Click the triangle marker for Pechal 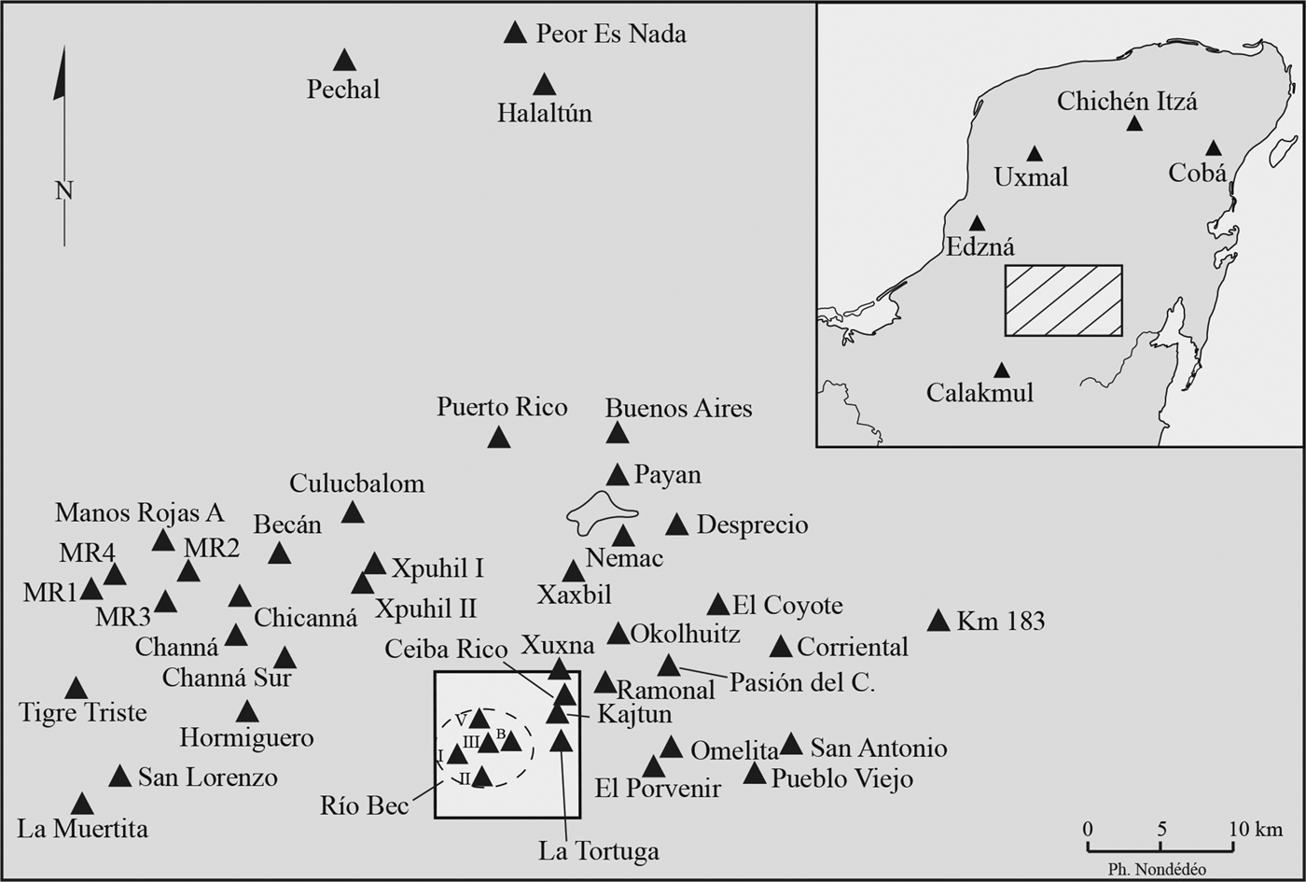pyautogui.click(x=345, y=61)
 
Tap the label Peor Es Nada pyautogui.click(x=611, y=35)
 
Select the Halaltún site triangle pyautogui.click(x=545, y=85)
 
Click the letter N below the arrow pyautogui.click(x=63, y=191)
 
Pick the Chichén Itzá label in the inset pyautogui.click(x=1127, y=101)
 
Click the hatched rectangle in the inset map pyautogui.click(x=1063, y=301)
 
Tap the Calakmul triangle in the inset pyautogui.click(x=1001, y=371)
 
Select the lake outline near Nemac pyautogui.click(x=601, y=512)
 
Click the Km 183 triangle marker pyautogui.click(x=939, y=621)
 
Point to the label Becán pyautogui.click(x=287, y=525)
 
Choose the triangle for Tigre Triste pyautogui.click(x=76, y=689)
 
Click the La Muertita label pyautogui.click(x=82, y=829)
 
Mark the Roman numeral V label pyautogui.click(x=461, y=720)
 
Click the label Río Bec pyautogui.click(x=365, y=805)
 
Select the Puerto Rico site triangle pyautogui.click(x=499, y=437)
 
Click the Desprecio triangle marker pyautogui.click(x=677, y=525)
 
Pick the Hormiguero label pyautogui.click(x=247, y=738)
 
